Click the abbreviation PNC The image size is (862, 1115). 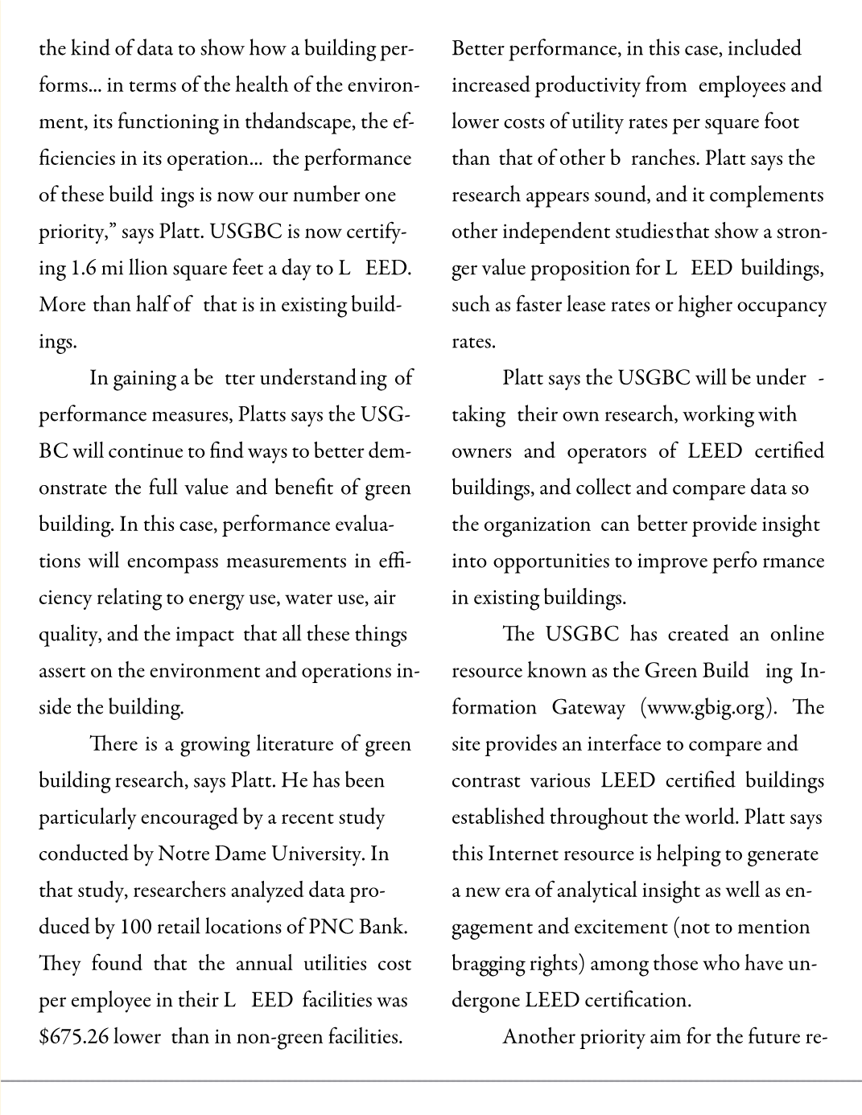[332, 927]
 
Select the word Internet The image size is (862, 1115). [524, 854]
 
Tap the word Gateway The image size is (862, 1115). [588, 707]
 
